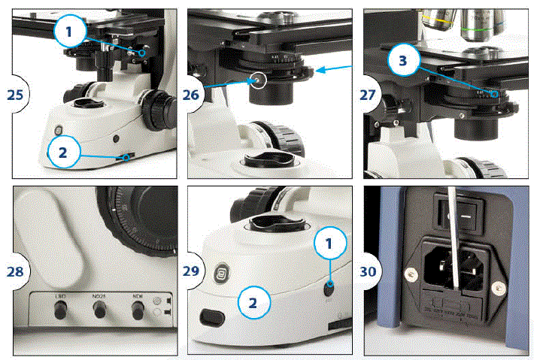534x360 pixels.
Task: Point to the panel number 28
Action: pos(14,272)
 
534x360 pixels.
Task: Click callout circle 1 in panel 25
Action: pos(69,32)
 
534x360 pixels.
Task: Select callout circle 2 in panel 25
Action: pos(63,152)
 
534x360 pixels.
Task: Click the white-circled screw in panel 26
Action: pos(259,79)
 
